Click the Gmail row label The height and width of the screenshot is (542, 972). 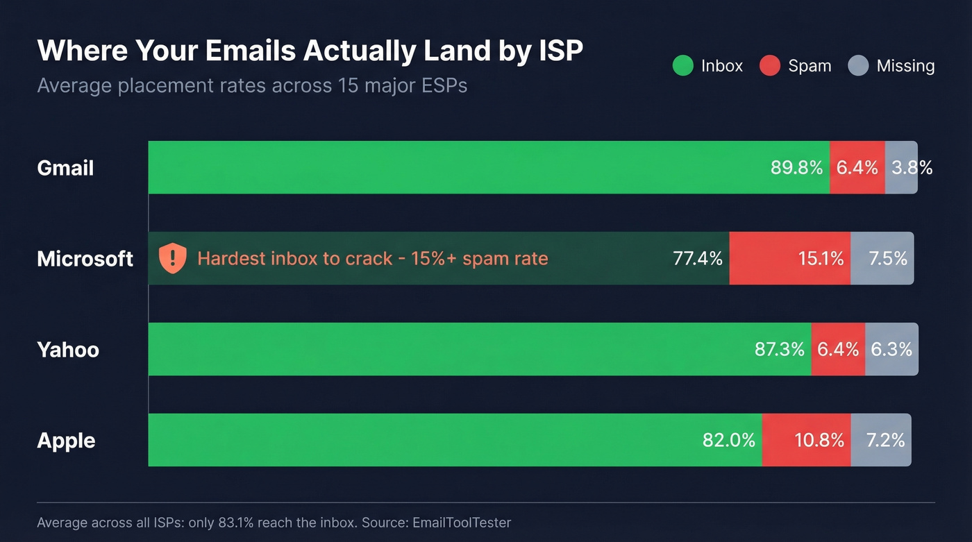coord(65,168)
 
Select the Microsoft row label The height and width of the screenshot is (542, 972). coord(85,259)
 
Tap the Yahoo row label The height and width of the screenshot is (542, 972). coord(68,350)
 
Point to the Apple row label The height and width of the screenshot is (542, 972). coord(66,441)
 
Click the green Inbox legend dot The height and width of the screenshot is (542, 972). coord(682,66)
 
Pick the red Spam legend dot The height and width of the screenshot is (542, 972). coord(770,66)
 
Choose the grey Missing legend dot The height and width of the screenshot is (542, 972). coord(858,66)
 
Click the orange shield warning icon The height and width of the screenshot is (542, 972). coord(173,258)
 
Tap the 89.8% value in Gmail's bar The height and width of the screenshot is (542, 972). coord(796,167)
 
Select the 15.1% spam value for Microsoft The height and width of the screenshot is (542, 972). coord(821,258)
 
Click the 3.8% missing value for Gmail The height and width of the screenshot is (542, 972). coord(912,167)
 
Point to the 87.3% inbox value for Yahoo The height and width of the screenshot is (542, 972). coord(779,349)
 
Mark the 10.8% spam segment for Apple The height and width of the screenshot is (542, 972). coord(819,440)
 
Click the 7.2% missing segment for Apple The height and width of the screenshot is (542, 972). coord(885,440)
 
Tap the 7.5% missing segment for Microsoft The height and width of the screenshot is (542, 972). coord(888,258)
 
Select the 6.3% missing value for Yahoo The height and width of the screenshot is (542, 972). coord(891,349)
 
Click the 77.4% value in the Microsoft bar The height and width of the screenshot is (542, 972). coord(698,258)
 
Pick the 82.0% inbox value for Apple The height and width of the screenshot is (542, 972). coord(728,440)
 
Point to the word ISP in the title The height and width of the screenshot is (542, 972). coord(560,51)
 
